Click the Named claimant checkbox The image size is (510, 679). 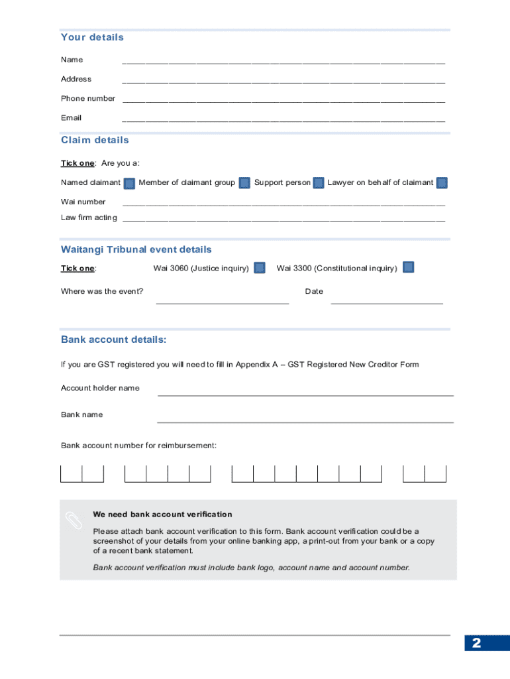pyautogui.click(x=130, y=183)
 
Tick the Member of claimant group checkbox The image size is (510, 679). pyautogui.click(x=244, y=183)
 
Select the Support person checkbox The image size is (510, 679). pyautogui.click(x=319, y=183)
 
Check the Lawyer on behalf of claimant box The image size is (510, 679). pyautogui.click(x=442, y=183)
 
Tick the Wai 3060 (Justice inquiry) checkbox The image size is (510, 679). pyautogui.click(x=260, y=268)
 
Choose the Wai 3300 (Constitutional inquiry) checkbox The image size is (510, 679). pyautogui.click(x=409, y=268)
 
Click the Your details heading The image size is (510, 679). pyautogui.click(x=92, y=37)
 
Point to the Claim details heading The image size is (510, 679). pyautogui.click(x=95, y=140)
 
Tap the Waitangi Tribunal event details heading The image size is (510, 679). pyautogui.click(x=136, y=249)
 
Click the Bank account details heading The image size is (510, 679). pyautogui.click(x=113, y=339)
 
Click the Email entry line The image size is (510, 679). pyautogui.click(x=283, y=119)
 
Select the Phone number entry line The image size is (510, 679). pyautogui.click(x=283, y=100)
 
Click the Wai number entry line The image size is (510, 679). pyautogui.click(x=283, y=204)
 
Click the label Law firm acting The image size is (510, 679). pyautogui.click(x=89, y=217)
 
